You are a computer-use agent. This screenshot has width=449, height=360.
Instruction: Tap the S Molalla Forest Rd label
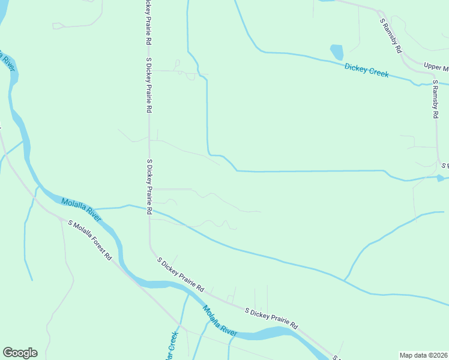[90, 240]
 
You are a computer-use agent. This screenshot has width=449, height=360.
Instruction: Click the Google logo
[20, 353]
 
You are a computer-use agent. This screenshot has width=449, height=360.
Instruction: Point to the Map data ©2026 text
[423, 355]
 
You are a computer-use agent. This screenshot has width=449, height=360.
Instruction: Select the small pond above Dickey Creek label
[336, 52]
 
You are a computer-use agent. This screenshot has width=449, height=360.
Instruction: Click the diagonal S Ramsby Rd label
[390, 36]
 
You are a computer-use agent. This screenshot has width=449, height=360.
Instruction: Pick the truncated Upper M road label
[436, 67]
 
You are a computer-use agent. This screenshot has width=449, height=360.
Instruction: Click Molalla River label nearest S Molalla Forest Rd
[80, 207]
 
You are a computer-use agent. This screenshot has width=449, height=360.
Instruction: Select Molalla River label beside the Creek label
[220, 320]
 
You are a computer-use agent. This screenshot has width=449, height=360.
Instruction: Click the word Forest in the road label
[98, 246]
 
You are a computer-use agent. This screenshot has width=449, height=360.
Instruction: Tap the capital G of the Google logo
[8, 353]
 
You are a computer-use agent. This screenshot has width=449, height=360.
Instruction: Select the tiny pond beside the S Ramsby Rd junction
[441, 178]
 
